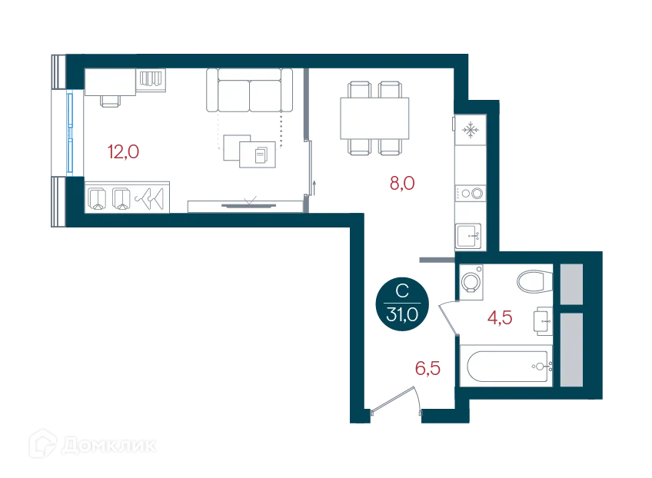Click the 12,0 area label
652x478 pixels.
pos(123,151)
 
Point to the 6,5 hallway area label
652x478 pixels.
pos(427,368)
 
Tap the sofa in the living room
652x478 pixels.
pos(249,91)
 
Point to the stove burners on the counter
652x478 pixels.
pos(471,194)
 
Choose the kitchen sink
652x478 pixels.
pos(469,234)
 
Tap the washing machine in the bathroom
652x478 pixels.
pos(471,281)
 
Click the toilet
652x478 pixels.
pos(532,281)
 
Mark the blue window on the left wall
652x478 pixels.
pos(71,132)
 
